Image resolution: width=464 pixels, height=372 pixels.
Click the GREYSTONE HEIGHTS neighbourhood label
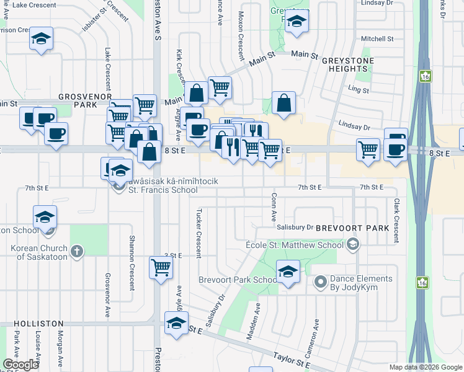pos(344,64)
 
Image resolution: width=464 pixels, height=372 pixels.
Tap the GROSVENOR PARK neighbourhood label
pos(84,101)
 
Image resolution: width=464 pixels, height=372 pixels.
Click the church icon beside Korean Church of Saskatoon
pos(76,251)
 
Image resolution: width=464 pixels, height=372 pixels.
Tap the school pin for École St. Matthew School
pos(354,244)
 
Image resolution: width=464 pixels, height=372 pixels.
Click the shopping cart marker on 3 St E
pos(161,268)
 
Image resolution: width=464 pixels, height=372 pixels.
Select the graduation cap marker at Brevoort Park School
pos(288,272)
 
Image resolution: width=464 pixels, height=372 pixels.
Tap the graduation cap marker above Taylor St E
pos(176,323)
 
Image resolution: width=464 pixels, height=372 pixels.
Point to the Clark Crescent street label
pos(395,215)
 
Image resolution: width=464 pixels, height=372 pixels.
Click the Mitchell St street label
pos(377,38)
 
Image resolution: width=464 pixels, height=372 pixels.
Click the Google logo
pos(20,365)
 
